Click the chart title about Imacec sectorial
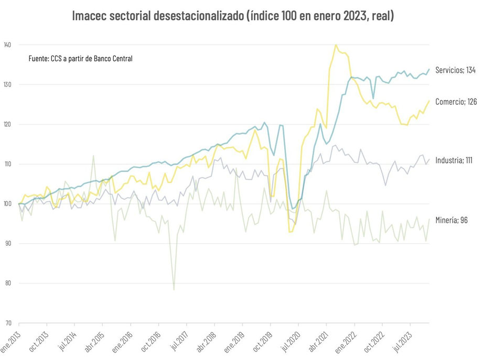pyautogui.click(x=233, y=16)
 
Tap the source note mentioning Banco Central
pyautogui.click(x=80, y=59)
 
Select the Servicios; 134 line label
pyautogui.click(x=455, y=70)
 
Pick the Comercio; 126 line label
pyautogui.click(x=456, y=102)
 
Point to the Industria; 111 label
pyautogui.click(x=454, y=160)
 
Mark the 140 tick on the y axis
pyautogui.click(x=7, y=45)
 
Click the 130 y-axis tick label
pyautogui.click(x=7, y=84)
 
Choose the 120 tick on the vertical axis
pyautogui.click(x=7, y=124)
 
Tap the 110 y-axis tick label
pyautogui.click(x=7, y=164)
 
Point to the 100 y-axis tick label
pyautogui.click(x=7, y=204)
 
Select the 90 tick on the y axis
pyautogui.click(x=7, y=244)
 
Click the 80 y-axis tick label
pyautogui.click(x=7, y=283)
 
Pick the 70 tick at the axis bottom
pyautogui.click(x=7, y=323)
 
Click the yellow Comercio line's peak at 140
pyautogui.click(x=336, y=45)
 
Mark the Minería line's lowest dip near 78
pyautogui.click(x=174, y=289)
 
